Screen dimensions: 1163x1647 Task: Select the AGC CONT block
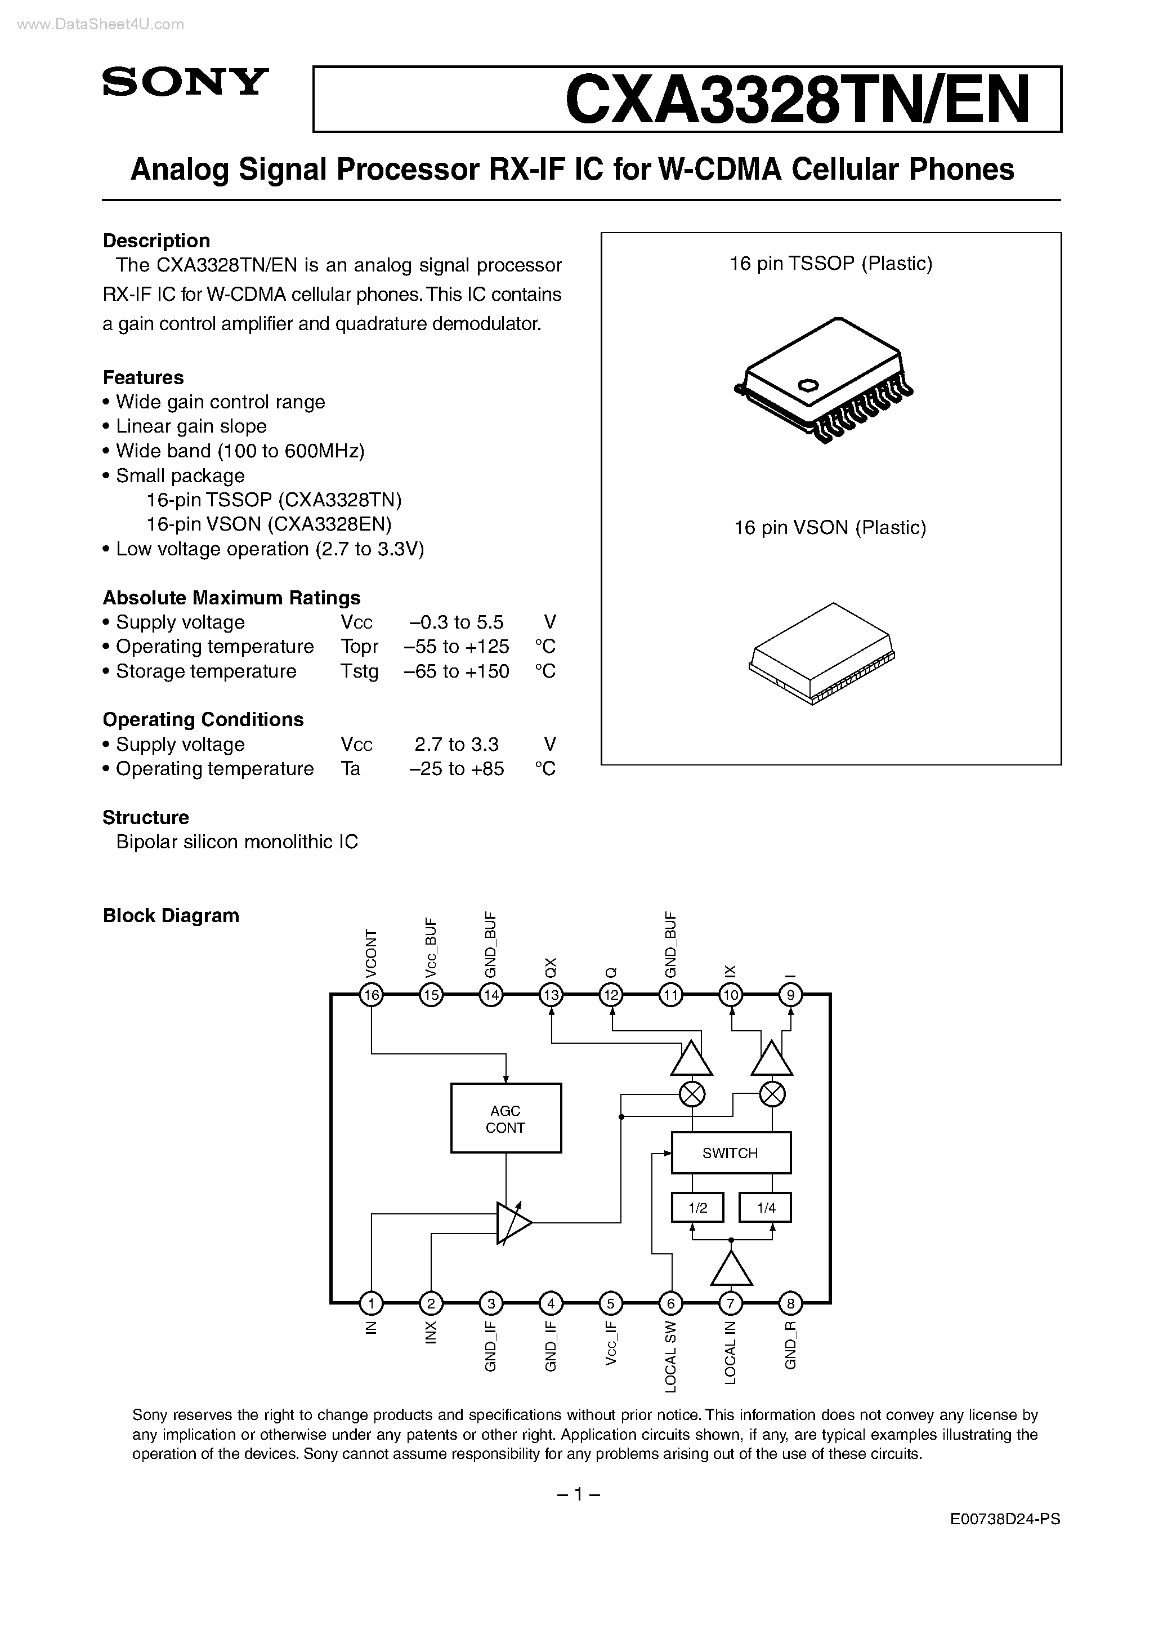click(506, 1118)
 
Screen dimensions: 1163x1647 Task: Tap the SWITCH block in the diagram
click(730, 1153)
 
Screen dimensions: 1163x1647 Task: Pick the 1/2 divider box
click(697, 1208)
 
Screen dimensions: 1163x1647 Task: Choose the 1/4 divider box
click(766, 1208)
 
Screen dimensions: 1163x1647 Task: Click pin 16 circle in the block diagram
click(372, 995)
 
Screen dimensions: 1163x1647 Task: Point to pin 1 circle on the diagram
click(371, 1303)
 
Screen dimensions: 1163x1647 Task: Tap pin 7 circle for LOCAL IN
click(731, 1303)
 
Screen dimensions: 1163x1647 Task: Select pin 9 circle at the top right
click(791, 995)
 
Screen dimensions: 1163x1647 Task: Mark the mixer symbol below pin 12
click(692, 1094)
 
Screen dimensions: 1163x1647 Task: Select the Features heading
click(144, 377)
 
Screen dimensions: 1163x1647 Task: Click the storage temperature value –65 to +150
click(457, 671)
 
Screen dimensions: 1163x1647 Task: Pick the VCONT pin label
click(372, 954)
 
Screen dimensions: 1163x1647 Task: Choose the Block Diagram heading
click(171, 916)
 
